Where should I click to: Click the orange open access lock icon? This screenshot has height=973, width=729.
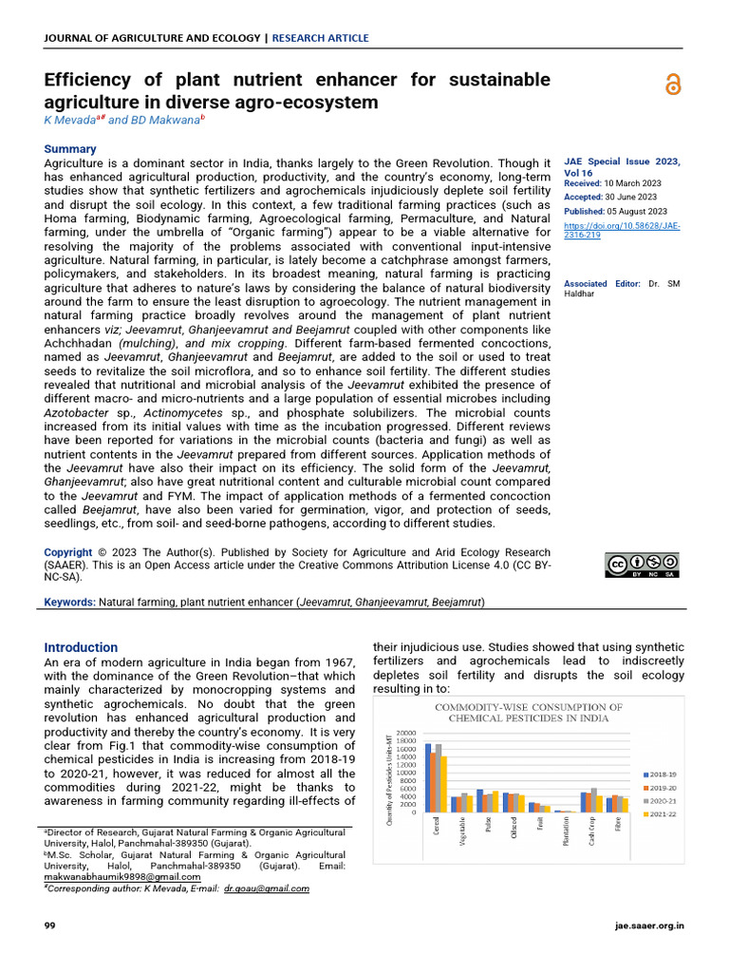(x=673, y=85)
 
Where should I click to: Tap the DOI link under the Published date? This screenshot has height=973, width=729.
(x=622, y=230)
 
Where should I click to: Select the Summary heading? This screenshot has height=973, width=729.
(x=70, y=149)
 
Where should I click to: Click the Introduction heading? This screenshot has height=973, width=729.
(x=82, y=647)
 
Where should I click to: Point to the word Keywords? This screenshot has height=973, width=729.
(x=69, y=602)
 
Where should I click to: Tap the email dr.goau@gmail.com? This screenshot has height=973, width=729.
(x=266, y=888)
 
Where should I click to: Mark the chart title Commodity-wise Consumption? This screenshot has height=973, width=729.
(x=529, y=713)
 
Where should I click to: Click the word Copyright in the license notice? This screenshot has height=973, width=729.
(x=68, y=552)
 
